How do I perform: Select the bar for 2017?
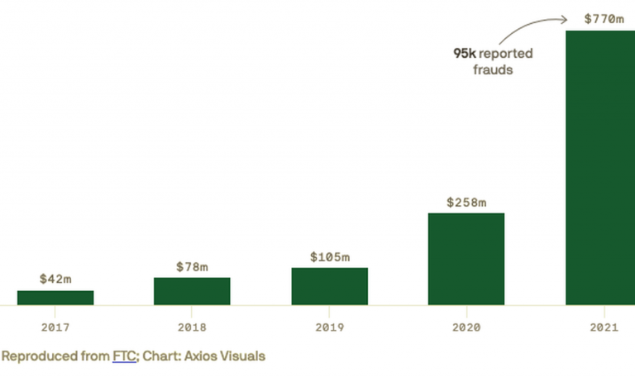[55, 298]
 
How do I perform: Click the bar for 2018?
[192, 291]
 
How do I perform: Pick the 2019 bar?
[329, 286]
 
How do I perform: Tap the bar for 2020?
[466, 259]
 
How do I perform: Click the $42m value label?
[55, 279]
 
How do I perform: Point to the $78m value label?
[192, 266]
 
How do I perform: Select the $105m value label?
[329, 257]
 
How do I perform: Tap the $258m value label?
[466, 202]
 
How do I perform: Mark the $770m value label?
[603, 17]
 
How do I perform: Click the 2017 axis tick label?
[55, 327]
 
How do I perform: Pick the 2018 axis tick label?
[192, 327]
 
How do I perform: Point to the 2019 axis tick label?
[329, 327]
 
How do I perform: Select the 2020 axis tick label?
[466, 327]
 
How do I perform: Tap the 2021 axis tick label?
[603, 327]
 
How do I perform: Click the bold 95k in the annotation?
[464, 54]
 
